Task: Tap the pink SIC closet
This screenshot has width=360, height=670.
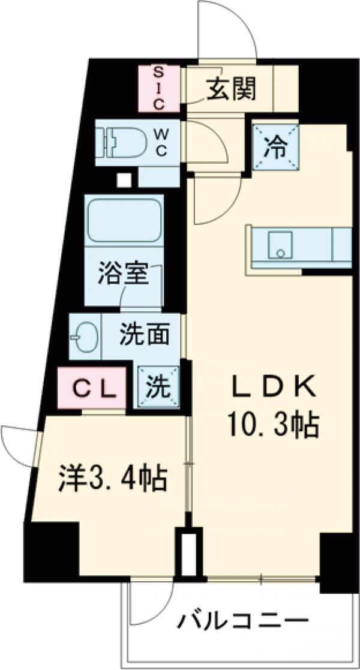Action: [159, 89]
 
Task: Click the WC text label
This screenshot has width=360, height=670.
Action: [161, 142]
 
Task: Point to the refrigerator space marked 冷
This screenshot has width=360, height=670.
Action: [275, 148]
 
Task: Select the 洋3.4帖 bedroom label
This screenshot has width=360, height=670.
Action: [113, 478]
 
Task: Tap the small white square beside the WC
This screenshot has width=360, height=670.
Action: [124, 179]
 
